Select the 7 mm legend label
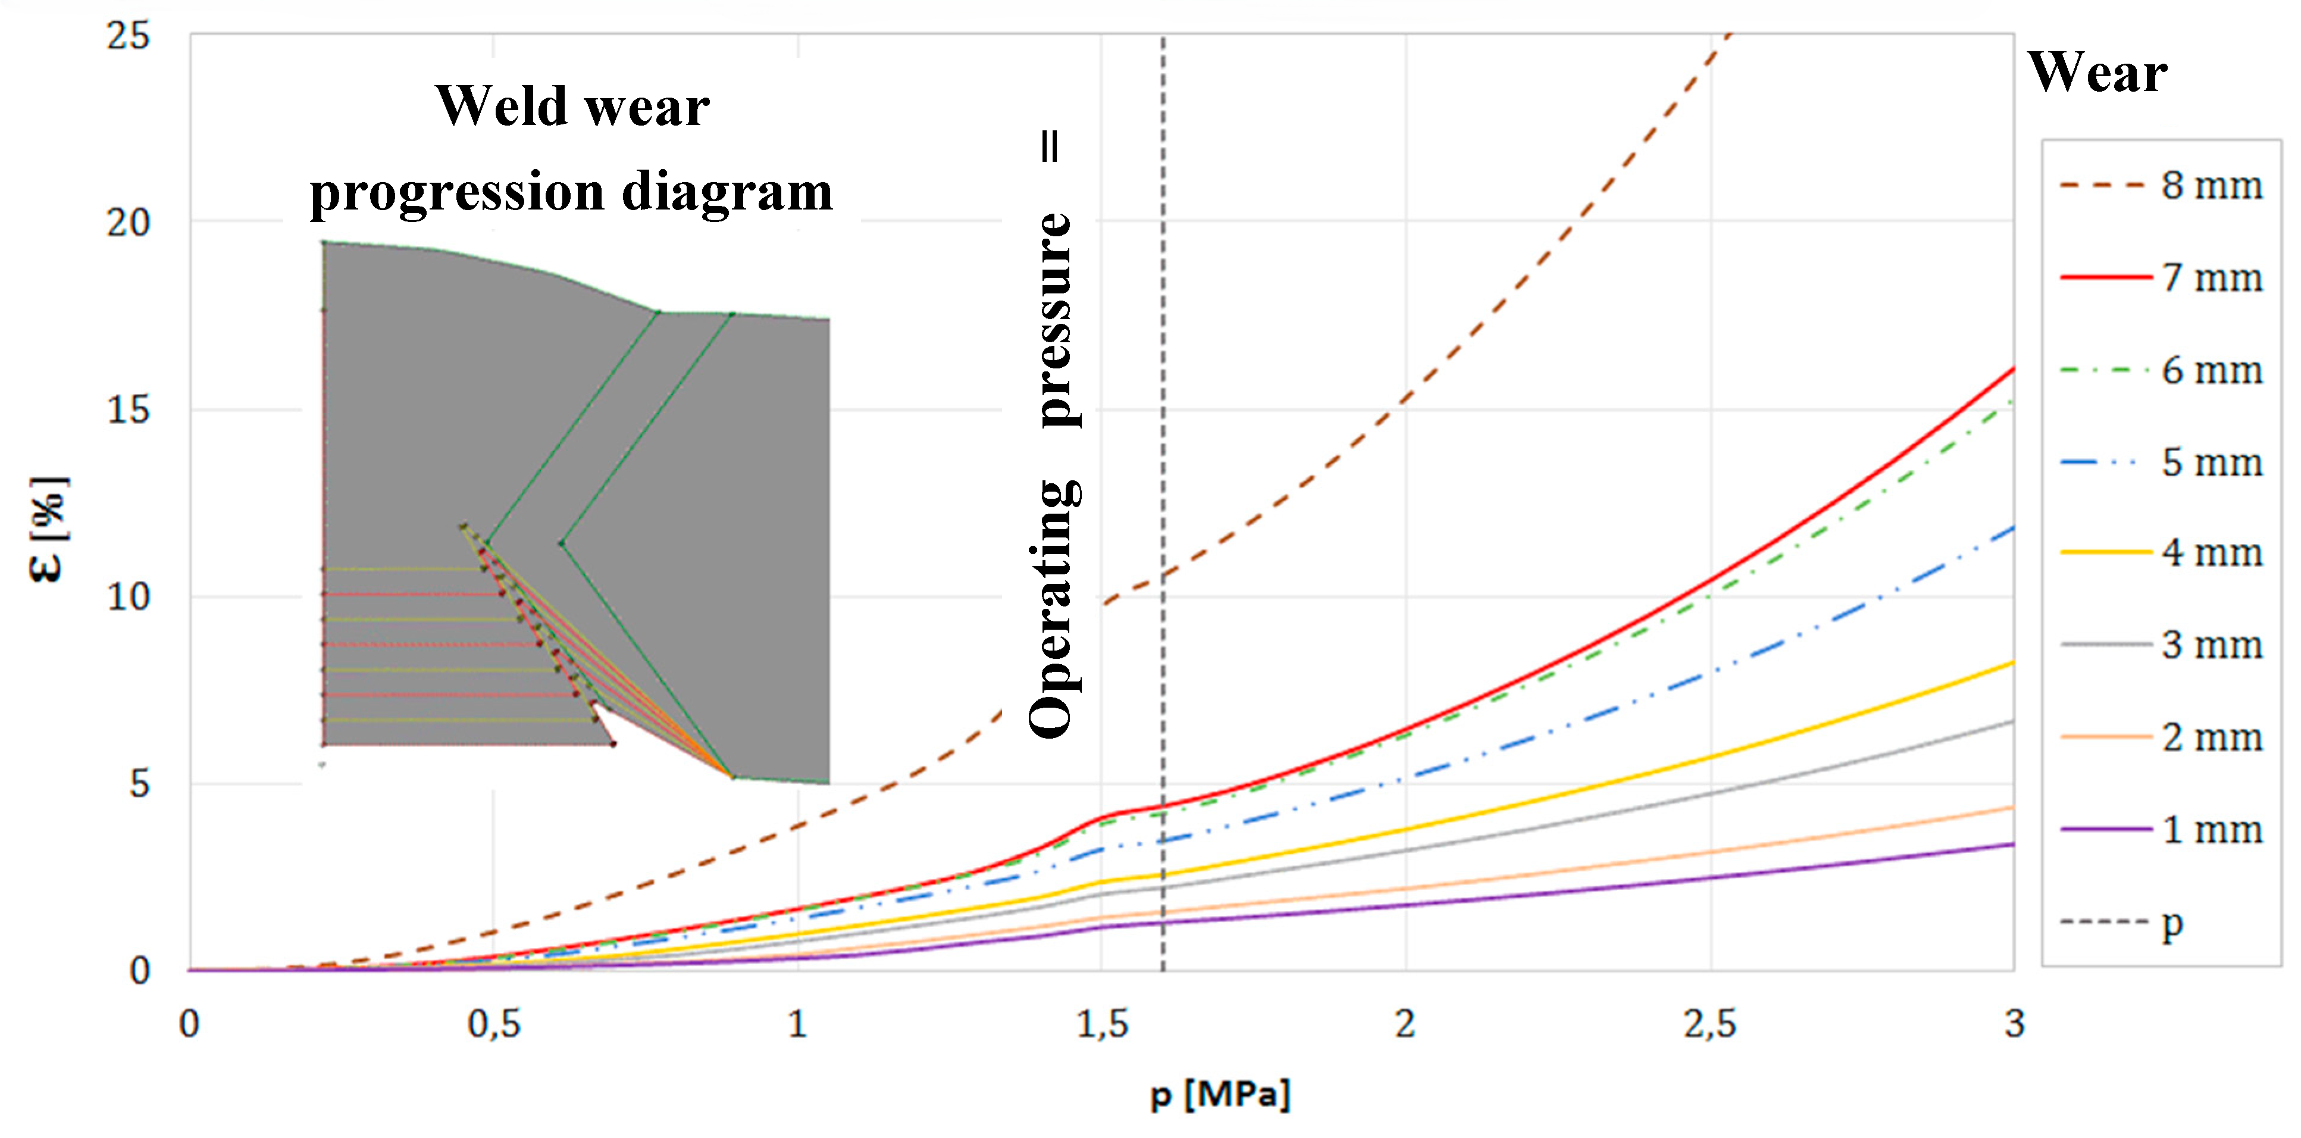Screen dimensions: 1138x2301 [2210, 278]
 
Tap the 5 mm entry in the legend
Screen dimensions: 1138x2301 [2210, 462]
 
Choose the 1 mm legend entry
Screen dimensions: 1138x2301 [2210, 830]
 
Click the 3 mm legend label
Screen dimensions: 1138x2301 [2210, 645]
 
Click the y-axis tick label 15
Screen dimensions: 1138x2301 [128, 410]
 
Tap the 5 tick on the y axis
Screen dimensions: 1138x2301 [139, 784]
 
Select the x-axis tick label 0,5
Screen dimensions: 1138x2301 [493, 1024]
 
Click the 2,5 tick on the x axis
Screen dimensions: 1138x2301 [1710, 1024]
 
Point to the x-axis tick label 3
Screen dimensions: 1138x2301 [2014, 1024]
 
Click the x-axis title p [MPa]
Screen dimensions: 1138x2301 [1220, 1093]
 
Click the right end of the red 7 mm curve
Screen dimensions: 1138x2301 [2012, 369]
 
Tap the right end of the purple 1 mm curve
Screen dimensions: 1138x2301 [2012, 844]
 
